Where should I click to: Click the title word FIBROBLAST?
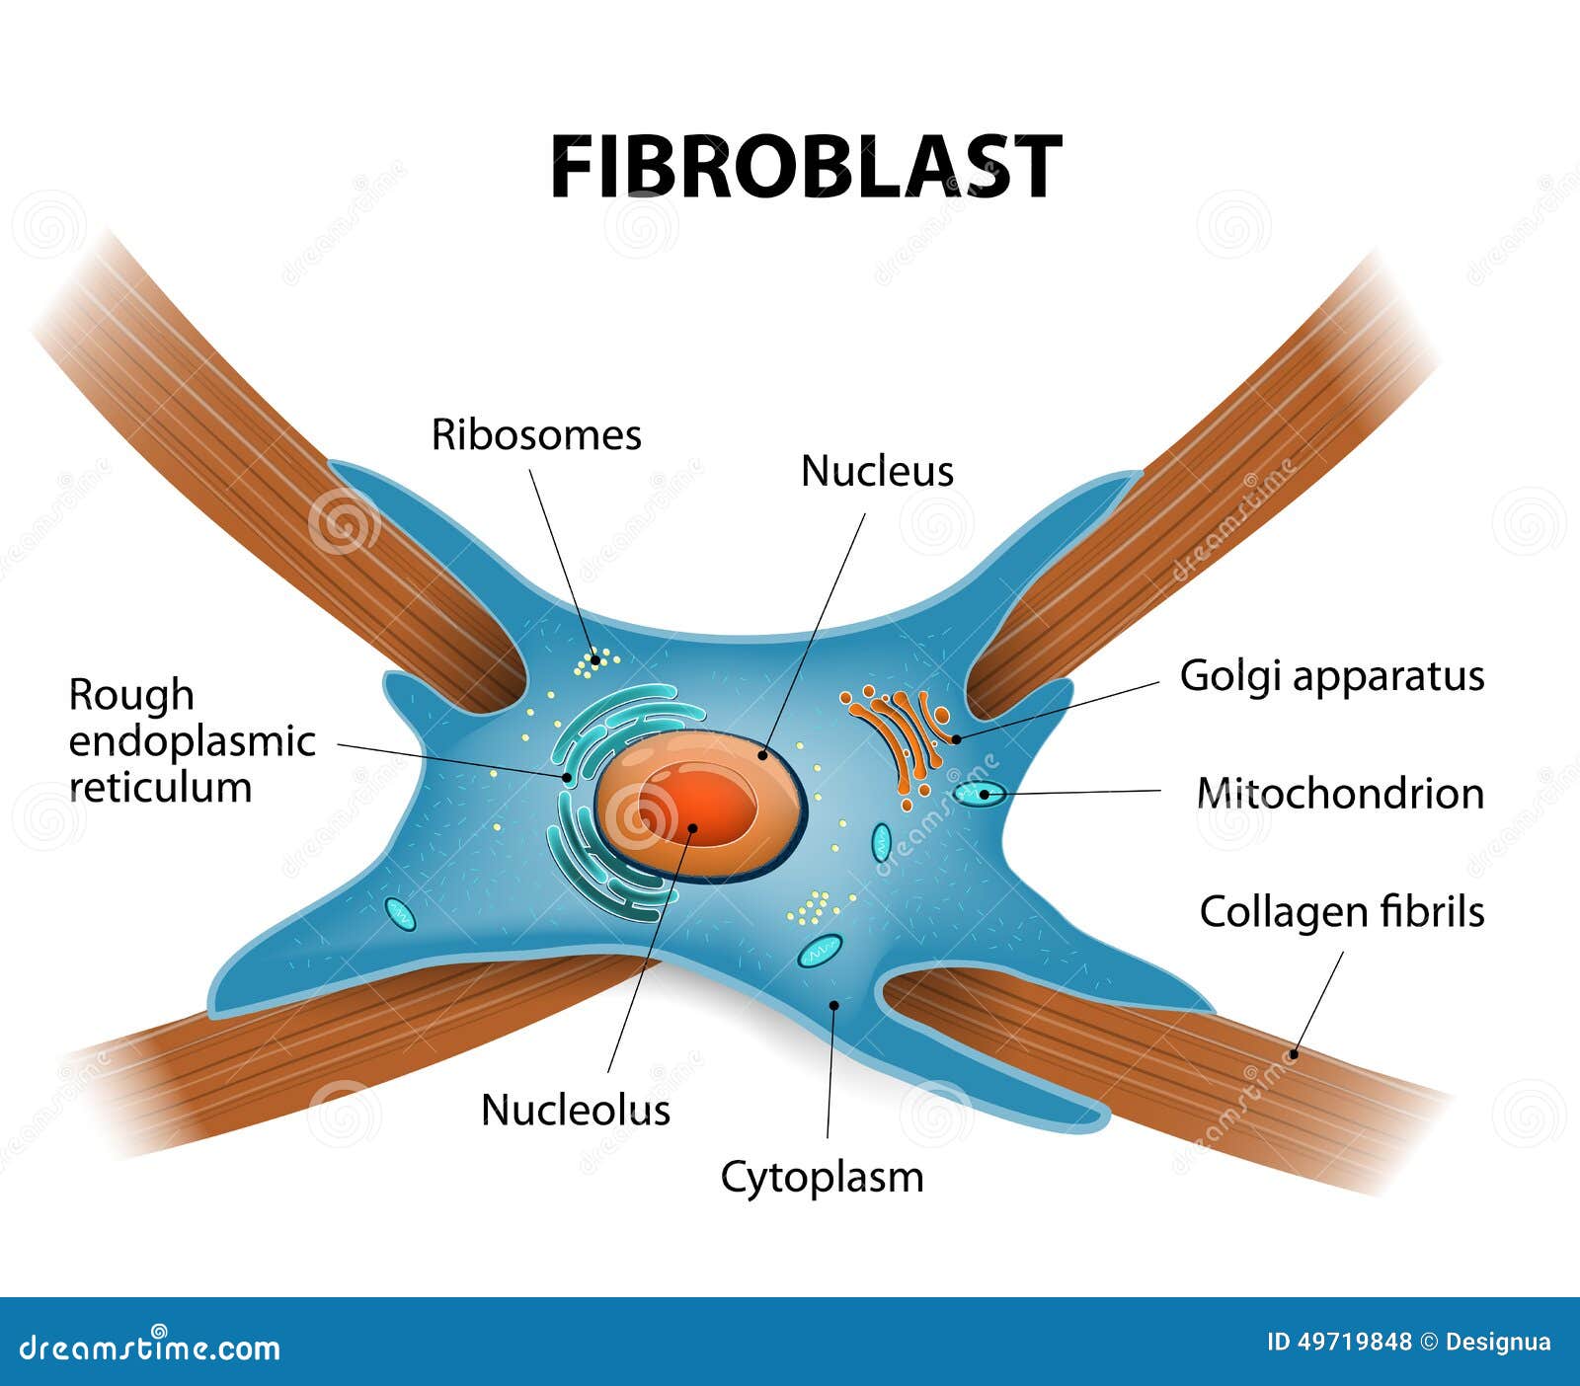[x=805, y=168]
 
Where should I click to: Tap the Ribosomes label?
[x=536, y=435]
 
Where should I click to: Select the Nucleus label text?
[x=877, y=472]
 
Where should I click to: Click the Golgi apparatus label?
[x=1332, y=677]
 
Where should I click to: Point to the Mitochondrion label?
[x=1340, y=794]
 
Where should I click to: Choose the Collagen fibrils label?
[x=1342, y=912]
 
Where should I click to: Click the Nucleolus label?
[x=576, y=1111]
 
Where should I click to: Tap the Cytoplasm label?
[x=822, y=1178]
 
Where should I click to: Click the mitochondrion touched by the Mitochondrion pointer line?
[x=979, y=793]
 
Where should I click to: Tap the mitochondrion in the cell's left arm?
[x=400, y=914]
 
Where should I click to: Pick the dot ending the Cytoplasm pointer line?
[x=833, y=1005]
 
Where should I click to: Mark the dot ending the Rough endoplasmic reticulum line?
[x=567, y=777]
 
